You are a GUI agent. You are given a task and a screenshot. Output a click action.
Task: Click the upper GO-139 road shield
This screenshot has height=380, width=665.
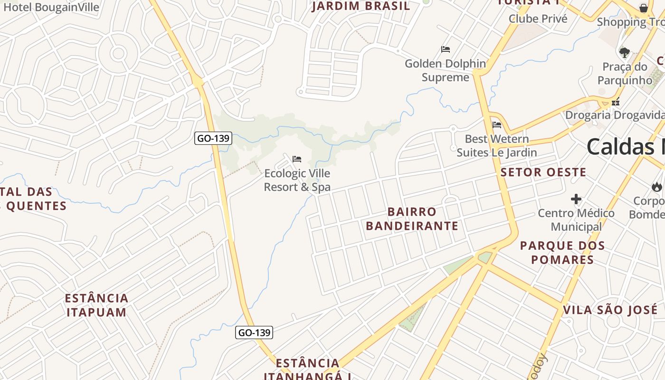point(213,139)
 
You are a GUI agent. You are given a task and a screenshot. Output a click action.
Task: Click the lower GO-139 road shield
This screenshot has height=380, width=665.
point(254,332)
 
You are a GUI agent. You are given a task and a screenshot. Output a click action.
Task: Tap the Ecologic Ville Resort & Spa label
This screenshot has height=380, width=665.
point(297,180)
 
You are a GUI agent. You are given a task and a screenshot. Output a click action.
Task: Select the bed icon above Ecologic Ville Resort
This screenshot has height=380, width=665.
point(297,159)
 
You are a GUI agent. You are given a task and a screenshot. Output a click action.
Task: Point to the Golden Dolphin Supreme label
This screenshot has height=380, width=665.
point(445,70)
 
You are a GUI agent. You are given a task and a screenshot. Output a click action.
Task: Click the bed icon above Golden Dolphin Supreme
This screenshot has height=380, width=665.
point(445,49)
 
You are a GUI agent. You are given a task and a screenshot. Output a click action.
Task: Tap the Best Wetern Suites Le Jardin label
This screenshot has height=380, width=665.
point(497,146)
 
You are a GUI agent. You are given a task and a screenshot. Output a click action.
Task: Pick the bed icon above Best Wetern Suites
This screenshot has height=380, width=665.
point(497,125)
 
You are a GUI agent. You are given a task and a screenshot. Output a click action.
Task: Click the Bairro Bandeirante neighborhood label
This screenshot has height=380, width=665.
point(412,219)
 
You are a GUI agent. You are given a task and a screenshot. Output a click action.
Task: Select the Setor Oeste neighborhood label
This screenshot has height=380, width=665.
point(543,172)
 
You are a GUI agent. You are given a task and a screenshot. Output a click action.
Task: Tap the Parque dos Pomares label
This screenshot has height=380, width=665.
point(562,253)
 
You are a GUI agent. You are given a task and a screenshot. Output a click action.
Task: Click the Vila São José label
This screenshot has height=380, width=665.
point(610,310)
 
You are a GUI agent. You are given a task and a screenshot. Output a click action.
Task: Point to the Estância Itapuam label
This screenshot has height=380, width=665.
point(97,305)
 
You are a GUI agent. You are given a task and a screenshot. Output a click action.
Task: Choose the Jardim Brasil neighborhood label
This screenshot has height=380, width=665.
point(361,6)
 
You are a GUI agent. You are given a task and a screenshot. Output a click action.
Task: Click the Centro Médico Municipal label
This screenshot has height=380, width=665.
point(576,220)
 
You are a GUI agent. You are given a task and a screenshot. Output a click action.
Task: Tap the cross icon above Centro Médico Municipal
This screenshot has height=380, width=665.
point(576,199)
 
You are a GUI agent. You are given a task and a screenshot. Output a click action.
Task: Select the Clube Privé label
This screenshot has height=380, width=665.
point(538,19)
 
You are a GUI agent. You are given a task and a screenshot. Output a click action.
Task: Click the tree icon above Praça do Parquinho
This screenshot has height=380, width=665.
point(625,53)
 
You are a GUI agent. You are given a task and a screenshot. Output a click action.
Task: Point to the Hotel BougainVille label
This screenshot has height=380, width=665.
point(51,7)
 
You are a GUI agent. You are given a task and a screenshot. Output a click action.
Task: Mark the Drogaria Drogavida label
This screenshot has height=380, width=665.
point(615,115)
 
